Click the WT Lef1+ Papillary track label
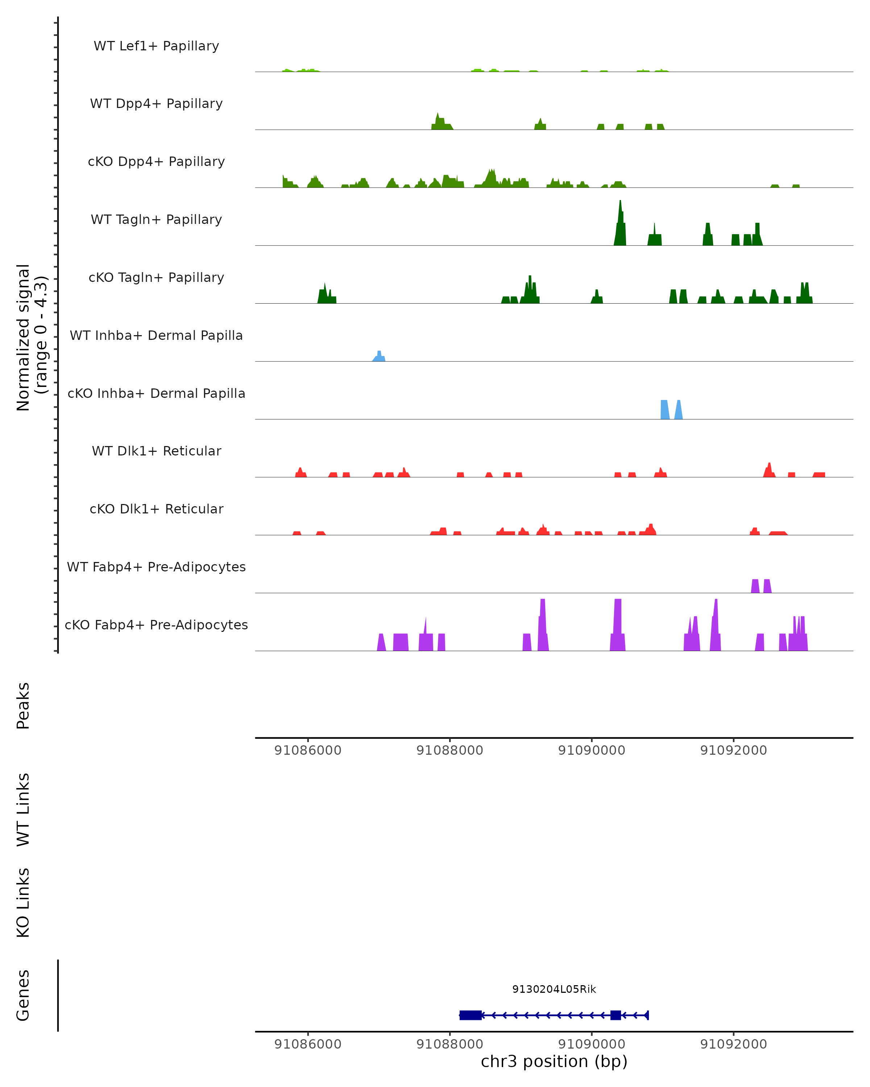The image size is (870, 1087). pos(156,46)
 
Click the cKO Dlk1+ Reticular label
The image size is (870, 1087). pos(156,509)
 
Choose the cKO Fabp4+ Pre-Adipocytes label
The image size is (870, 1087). pos(156,625)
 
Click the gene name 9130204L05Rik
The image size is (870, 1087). pos(554,989)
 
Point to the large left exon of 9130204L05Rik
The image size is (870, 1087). pos(471,1015)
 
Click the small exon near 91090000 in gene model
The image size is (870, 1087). pos(615,1015)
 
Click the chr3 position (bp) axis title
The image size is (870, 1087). pos(554,1061)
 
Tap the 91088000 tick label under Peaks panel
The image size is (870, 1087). pos(449,750)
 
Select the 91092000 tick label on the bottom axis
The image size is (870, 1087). pos(733,1044)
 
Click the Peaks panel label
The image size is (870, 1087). pos(23,705)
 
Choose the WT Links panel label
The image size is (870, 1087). pos(23,809)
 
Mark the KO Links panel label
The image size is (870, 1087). pos(23,903)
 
